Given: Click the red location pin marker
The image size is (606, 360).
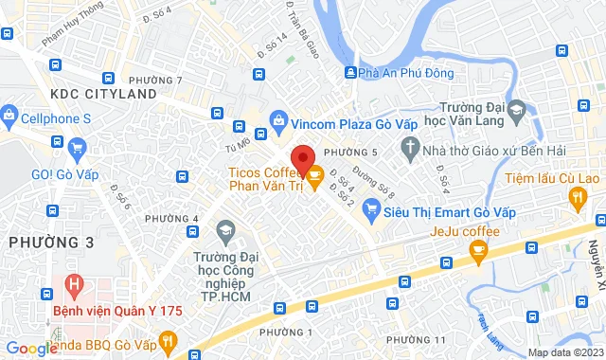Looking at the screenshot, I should (x=302, y=159).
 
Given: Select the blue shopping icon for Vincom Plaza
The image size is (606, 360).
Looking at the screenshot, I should (x=278, y=119).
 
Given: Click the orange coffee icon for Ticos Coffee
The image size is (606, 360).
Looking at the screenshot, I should (x=315, y=174).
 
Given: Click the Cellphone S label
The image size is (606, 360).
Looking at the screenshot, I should (x=59, y=118).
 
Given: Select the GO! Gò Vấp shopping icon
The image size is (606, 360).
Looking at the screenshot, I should (x=77, y=147).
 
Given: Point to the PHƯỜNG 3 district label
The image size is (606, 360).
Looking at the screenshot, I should (x=52, y=243).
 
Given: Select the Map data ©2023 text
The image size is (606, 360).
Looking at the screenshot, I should (x=563, y=352).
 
